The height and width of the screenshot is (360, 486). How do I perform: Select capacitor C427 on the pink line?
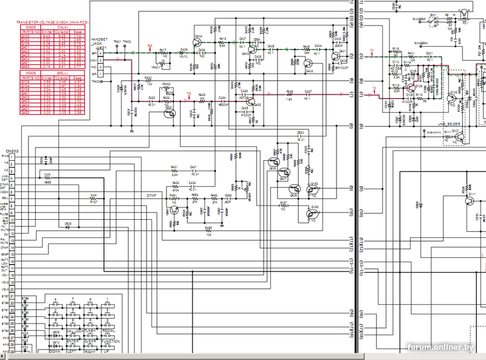(x=309, y=94)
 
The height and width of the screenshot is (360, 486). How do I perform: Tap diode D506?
(x=68, y=225)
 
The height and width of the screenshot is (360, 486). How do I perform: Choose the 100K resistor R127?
(x=93, y=197)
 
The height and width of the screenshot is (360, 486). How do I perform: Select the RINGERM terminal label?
(x=422, y=43)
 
